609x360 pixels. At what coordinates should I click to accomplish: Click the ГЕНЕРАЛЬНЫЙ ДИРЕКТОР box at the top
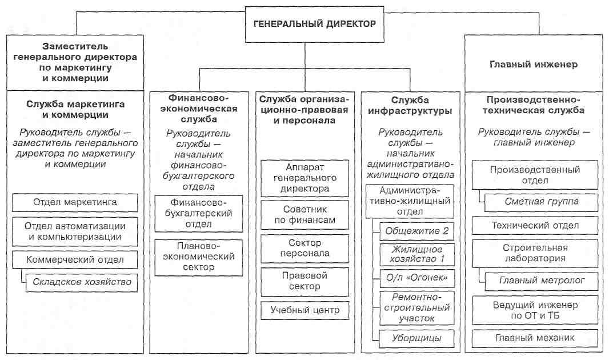[315, 24]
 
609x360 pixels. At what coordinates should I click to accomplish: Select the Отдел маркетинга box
[75, 202]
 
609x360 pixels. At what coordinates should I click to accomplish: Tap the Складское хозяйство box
[82, 282]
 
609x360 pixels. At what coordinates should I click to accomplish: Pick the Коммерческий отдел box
[75, 260]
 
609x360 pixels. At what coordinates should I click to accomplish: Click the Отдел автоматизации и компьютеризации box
[75, 231]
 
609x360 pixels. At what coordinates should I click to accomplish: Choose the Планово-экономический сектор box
[198, 257]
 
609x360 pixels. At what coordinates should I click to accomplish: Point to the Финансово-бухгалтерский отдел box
[198, 214]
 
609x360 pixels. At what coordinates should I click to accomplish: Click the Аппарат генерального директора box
[305, 178]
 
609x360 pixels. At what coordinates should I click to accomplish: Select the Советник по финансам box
[305, 215]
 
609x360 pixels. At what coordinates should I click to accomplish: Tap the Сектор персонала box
[305, 249]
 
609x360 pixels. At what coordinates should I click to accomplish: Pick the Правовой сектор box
[305, 282]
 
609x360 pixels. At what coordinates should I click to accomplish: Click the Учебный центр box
[305, 310]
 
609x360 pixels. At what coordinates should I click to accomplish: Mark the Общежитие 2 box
[416, 231]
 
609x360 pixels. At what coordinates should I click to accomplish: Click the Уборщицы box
[416, 338]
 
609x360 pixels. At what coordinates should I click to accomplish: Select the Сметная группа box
[542, 202]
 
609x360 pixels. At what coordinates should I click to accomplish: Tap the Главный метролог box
[542, 281]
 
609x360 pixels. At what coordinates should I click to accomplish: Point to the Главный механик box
[535, 338]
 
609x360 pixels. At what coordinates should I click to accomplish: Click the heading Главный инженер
[534, 65]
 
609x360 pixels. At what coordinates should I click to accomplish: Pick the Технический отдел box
[535, 226]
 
